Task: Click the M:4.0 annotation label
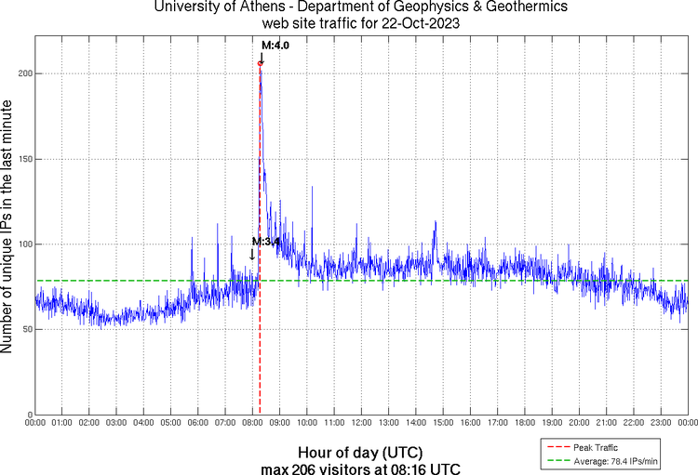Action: tap(275, 45)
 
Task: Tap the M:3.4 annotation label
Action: tap(267, 243)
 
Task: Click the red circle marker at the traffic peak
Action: tap(260, 63)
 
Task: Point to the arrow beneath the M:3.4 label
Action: tap(251, 255)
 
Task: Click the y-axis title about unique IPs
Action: tap(8, 228)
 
